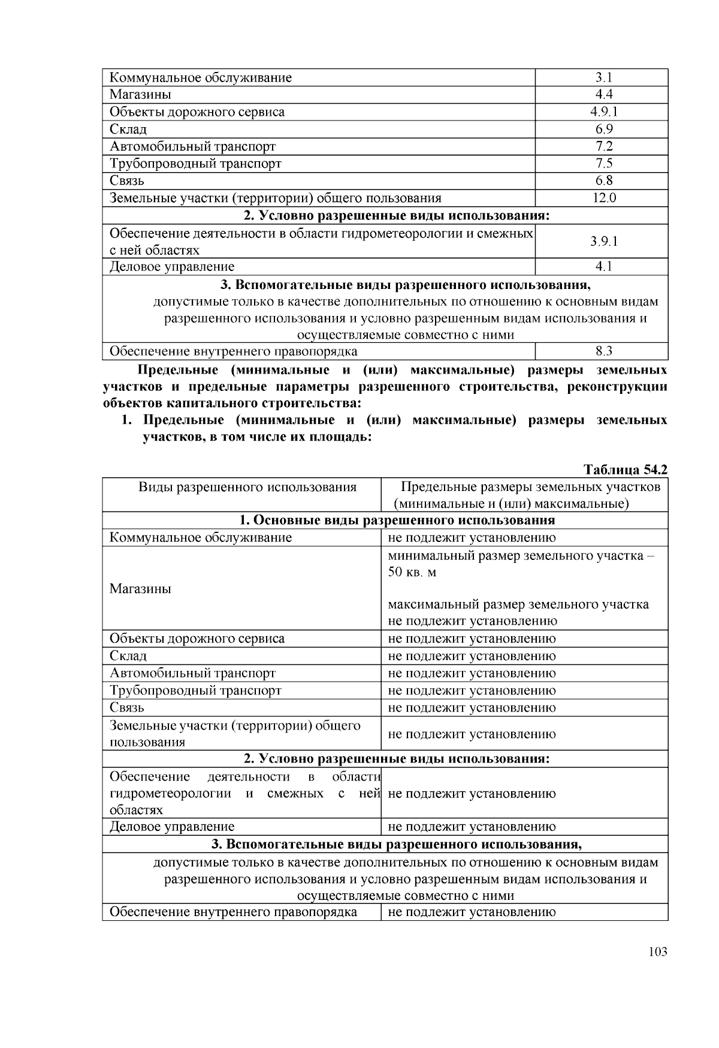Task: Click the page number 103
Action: [x=657, y=952]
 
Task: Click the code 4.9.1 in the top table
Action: [x=603, y=112]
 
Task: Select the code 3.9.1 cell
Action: [x=603, y=242]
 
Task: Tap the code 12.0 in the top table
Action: [x=603, y=198]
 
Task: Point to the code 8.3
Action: [x=603, y=351]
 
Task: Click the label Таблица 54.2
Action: [x=626, y=469]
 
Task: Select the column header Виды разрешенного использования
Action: [x=247, y=487]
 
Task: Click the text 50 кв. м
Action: [x=412, y=572]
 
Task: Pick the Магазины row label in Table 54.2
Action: [x=140, y=589]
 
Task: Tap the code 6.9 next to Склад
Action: [x=603, y=130]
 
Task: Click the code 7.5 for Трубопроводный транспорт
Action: [x=603, y=164]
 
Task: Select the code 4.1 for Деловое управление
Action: [x=603, y=267]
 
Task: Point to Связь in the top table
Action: [x=127, y=181]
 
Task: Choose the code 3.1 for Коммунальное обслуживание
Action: [x=603, y=77]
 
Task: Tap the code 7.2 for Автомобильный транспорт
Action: [x=603, y=146]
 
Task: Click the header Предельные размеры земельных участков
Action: [x=530, y=487]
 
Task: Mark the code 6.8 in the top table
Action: [x=603, y=181]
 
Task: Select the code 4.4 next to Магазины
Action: [x=603, y=95]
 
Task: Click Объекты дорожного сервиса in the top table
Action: [x=197, y=112]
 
